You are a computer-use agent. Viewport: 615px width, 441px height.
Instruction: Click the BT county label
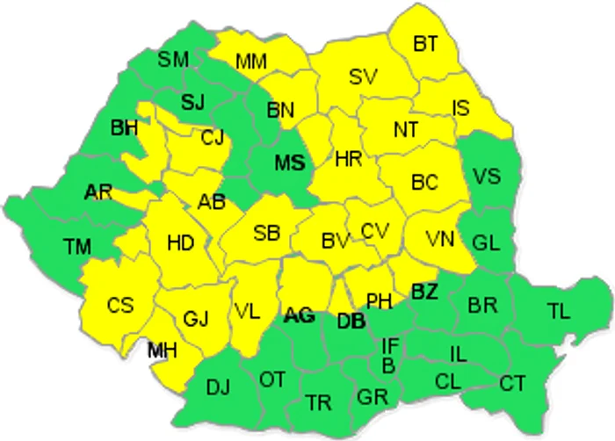tap(425, 42)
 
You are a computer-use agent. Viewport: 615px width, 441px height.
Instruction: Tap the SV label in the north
tap(363, 76)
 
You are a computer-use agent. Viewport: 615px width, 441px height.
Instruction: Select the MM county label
tap(252, 61)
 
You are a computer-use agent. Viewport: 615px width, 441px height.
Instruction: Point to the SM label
tap(173, 59)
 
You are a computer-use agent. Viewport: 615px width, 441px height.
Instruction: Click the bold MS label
tap(289, 163)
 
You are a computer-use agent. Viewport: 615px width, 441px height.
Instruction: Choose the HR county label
tap(349, 159)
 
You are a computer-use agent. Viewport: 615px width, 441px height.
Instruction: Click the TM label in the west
tap(77, 247)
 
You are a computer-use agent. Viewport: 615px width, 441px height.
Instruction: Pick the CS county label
tap(120, 305)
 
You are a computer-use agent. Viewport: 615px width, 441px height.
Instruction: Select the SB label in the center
tap(266, 233)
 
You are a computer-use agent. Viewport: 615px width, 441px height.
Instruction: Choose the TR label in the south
tap(319, 402)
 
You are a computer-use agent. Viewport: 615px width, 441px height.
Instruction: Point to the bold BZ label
tap(424, 291)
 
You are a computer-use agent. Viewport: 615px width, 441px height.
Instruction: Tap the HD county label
tap(180, 242)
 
